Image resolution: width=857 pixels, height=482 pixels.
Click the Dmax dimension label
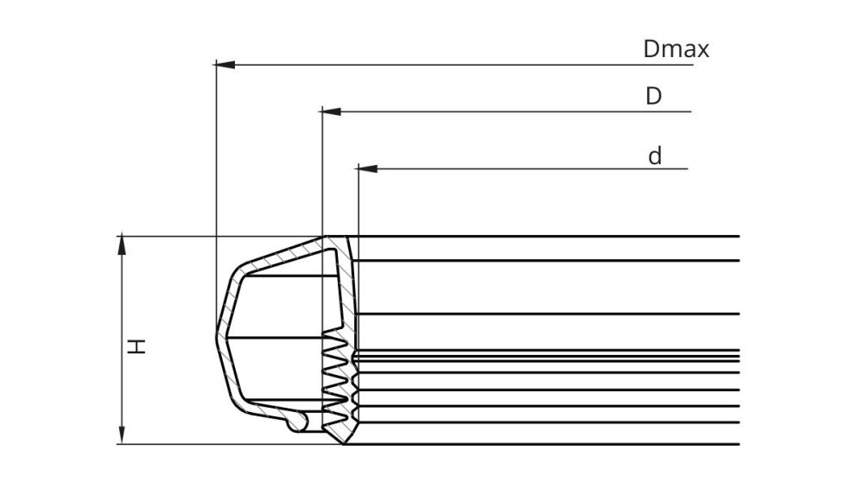(676, 49)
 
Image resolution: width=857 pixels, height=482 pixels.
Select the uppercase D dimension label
(654, 96)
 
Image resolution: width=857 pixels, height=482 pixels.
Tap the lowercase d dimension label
(655, 156)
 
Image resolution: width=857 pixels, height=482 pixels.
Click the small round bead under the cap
(295, 421)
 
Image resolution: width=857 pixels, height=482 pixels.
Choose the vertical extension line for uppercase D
(321, 173)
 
